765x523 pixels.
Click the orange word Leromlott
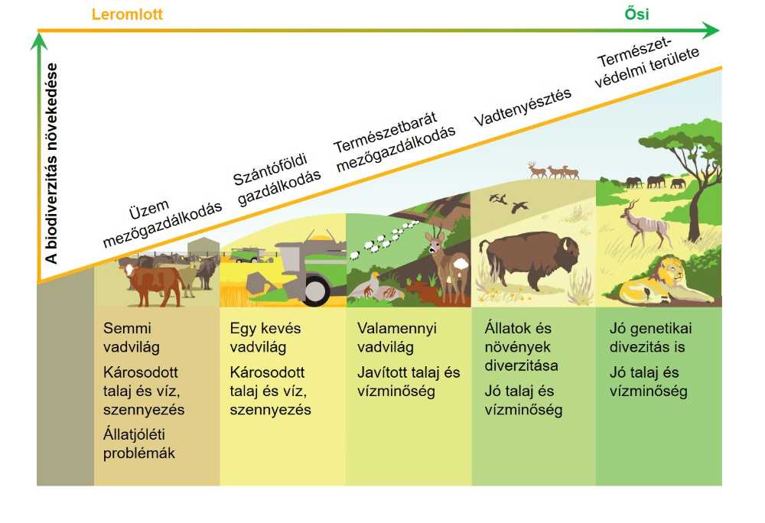point(127,14)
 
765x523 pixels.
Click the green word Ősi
point(636,13)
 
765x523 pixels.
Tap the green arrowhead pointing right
point(712,31)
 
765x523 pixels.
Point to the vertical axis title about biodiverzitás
point(51,164)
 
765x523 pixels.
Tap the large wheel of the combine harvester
point(314,290)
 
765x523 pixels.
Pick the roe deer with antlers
point(448,265)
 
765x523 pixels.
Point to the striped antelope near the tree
point(645,223)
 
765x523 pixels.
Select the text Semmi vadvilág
point(132,337)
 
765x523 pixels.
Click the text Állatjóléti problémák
point(139,443)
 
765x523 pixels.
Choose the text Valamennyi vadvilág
point(396,337)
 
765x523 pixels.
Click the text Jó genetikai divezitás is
point(651,337)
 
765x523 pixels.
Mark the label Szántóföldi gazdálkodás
point(277,180)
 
